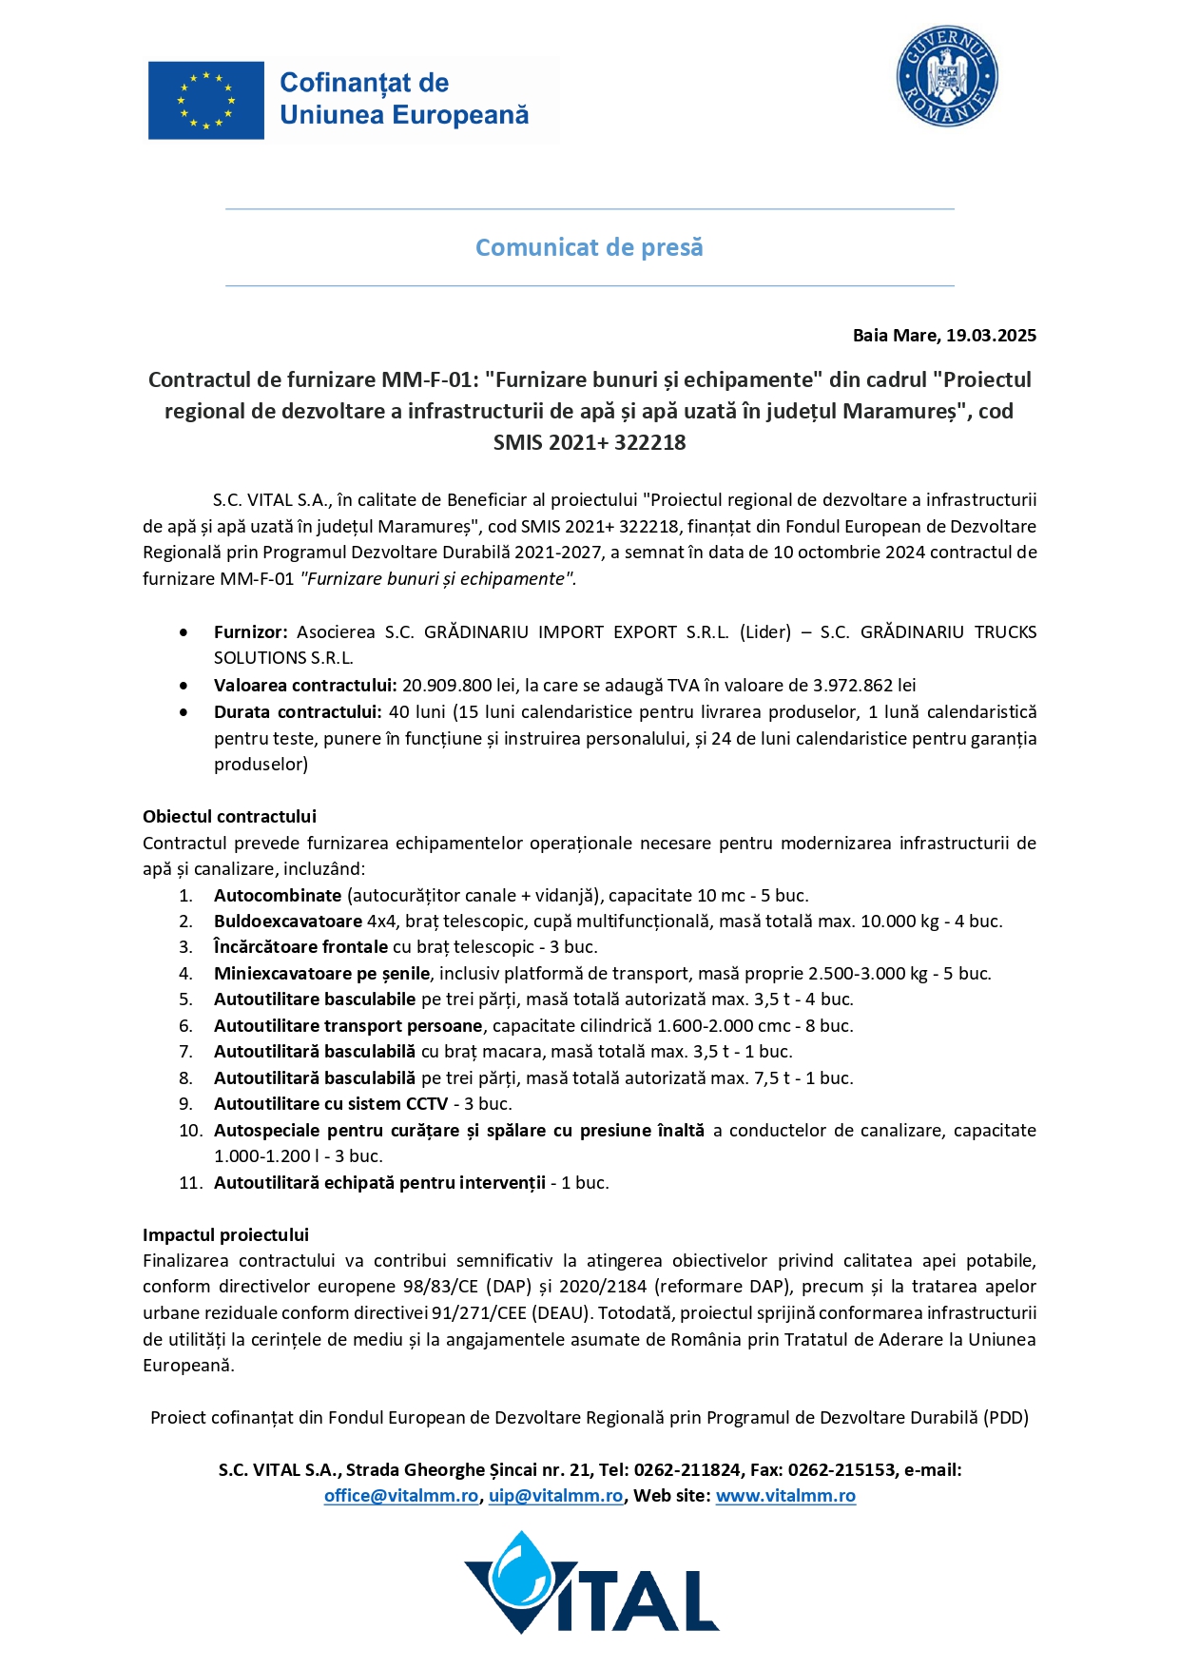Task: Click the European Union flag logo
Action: tap(206, 101)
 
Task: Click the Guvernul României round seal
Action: tap(946, 76)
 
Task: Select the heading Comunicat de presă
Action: tap(590, 247)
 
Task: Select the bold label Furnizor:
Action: tap(250, 632)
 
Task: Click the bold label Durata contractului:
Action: tap(298, 712)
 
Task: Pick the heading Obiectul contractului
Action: tap(229, 817)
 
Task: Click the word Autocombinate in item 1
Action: tap(277, 896)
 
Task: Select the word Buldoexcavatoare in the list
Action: tap(287, 922)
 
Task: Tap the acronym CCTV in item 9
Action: tap(427, 1104)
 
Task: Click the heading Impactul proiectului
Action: tap(225, 1235)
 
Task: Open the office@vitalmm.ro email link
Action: tap(400, 1496)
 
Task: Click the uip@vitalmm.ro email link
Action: tap(555, 1496)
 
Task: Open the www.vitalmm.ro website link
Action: tap(785, 1496)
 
